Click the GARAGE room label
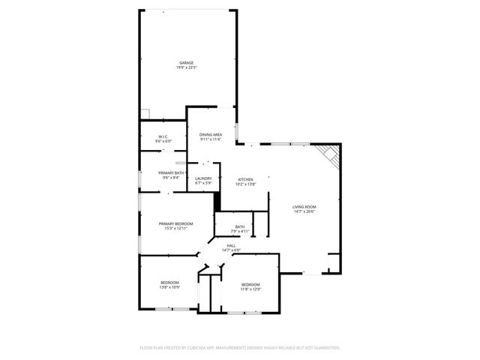pos(186,62)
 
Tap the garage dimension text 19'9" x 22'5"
pos(186,67)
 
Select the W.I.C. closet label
pos(163,136)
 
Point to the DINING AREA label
pos(210,134)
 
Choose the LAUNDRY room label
pos(203,178)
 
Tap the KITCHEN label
pos(246,179)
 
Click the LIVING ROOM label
pos(304,207)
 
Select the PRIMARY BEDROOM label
pos(175,223)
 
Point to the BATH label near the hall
pos(239,226)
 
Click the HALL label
pos(232,245)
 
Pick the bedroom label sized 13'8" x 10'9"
pos(169,283)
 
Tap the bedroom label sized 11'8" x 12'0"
pos(250,284)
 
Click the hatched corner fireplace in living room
pos(330,156)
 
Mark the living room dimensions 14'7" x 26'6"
pos(304,212)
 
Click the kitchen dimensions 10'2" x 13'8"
pos(246,184)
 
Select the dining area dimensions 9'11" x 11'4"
pos(210,139)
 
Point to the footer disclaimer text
pos(240,347)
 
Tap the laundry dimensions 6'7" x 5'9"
pos(203,183)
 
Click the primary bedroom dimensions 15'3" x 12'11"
pos(175,229)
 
